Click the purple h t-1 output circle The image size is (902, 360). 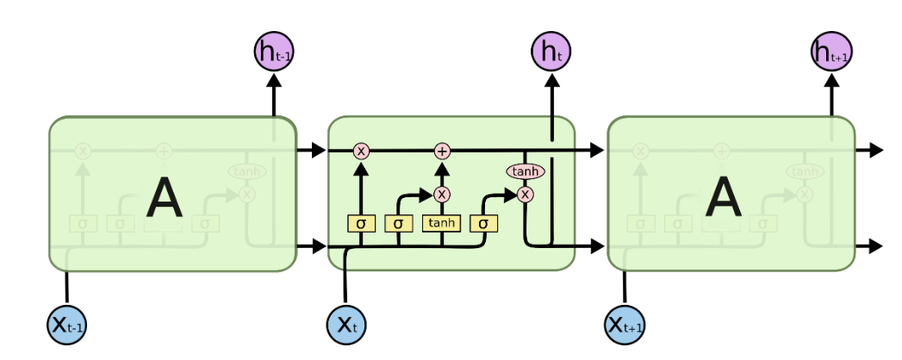273,52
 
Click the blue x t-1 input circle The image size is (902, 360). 65,325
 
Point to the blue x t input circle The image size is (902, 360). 345,325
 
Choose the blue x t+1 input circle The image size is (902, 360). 625,325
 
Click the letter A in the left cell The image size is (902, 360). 164,196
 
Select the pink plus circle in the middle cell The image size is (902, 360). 442,151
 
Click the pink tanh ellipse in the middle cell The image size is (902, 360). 525,171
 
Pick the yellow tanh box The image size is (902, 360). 442,224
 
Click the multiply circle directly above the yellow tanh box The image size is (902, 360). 442,194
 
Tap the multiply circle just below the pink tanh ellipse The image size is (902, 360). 525,194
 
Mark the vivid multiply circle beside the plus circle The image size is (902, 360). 361,151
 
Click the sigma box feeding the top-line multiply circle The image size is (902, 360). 361,224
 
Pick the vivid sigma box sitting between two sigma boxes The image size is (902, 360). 398,224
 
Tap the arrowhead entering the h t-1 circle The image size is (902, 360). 273,79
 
